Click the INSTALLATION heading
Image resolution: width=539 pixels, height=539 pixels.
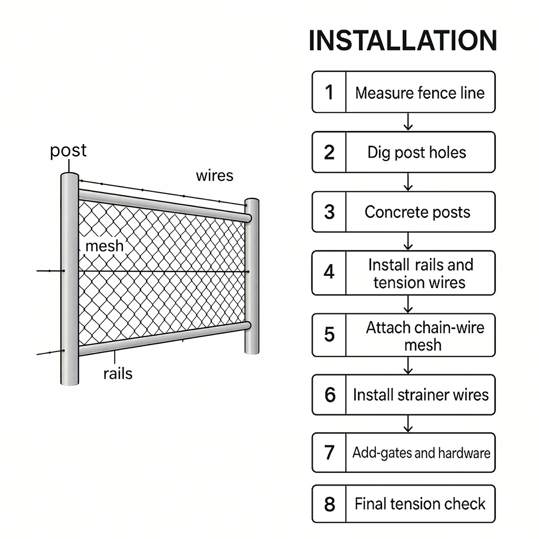[403, 41]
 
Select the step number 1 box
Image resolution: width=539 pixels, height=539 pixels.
[329, 92]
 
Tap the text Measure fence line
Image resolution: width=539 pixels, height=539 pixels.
[420, 93]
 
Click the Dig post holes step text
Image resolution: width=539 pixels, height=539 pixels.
[416, 152]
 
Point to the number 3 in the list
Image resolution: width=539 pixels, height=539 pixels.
[329, 212]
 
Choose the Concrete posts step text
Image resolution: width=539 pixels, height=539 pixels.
[417, 212]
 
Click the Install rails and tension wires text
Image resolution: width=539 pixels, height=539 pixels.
[420, 274]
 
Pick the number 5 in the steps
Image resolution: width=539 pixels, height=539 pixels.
[329, 335]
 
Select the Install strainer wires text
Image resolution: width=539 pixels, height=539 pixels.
[421, 395]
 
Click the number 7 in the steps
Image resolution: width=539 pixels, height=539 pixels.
[329, 453]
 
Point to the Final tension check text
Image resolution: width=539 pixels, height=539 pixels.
[420, 504]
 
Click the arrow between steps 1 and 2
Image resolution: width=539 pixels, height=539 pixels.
[408, 122]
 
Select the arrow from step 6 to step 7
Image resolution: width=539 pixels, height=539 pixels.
[408, 424]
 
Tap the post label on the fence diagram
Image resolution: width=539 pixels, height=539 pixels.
[68, 151]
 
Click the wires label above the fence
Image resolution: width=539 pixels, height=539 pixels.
[214, 176]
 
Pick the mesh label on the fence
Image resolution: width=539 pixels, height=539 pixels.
[105, 246]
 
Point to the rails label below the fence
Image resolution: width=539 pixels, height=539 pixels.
[118, 373]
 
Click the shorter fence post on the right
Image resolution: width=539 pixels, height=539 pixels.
[252, 276]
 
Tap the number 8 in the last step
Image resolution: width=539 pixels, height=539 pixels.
[329, 504]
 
